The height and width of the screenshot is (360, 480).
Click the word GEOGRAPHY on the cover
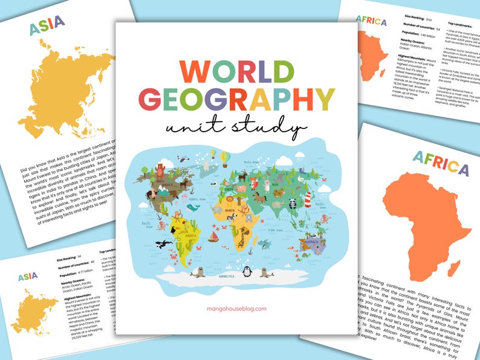[x=236, y=99]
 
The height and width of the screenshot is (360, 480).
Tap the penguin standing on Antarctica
[x=247, y=271]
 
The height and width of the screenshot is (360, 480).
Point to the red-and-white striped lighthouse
[x=306, y=198]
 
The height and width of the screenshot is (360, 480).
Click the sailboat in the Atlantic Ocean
[x=213, y=235]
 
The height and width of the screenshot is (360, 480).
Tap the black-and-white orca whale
[x=162, y=244]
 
